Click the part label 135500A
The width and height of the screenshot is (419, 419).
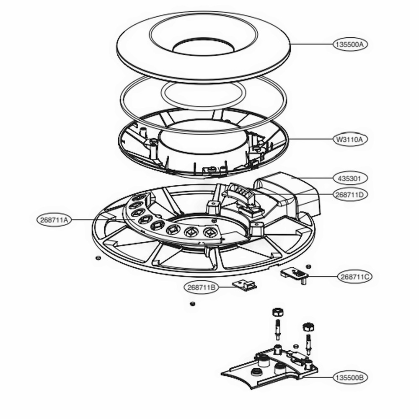[x=351, y=44]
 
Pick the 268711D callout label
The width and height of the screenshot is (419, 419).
[x=351, y=195]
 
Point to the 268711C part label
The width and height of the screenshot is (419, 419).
[x=354, y=277]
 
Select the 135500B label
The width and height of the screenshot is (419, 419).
[x=351, y=378]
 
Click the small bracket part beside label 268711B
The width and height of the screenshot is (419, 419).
[x=246, y=285]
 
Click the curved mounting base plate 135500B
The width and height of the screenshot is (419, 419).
[x=268, y=371]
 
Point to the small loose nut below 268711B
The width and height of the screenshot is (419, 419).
[x=192, y=303]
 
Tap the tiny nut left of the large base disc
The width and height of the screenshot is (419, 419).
[x=97, y=258]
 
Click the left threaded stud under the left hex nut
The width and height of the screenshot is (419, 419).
[x=277, y=329]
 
